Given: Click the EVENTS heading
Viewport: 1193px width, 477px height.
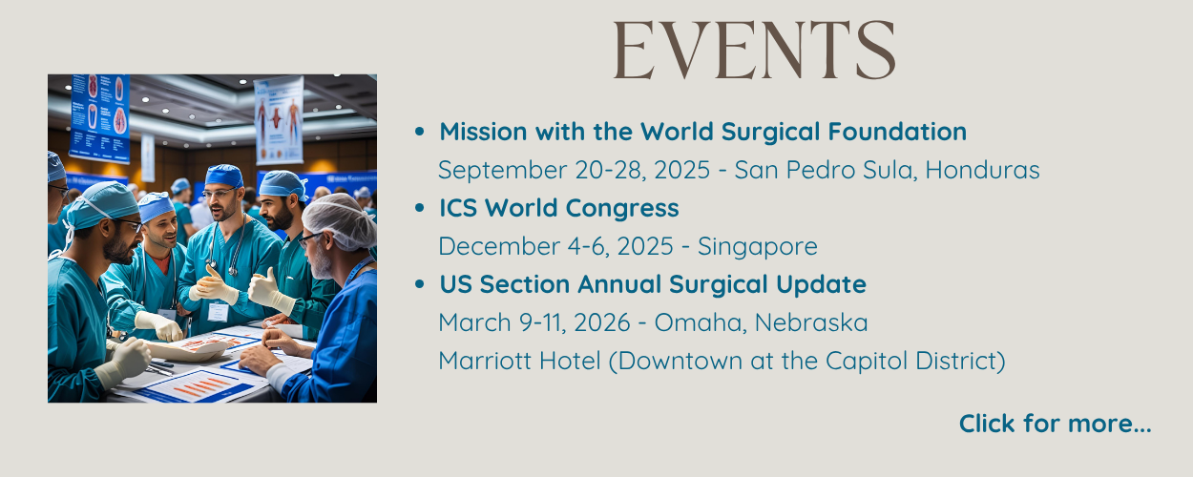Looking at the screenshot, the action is (754, 50).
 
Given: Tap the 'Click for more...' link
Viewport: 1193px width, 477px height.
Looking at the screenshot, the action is (1055, 424).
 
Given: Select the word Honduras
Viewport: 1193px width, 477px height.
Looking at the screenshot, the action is (983, 170).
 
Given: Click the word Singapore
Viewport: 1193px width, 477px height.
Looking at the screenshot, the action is (758, 247).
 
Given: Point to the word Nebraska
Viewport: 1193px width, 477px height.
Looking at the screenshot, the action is (811, 322).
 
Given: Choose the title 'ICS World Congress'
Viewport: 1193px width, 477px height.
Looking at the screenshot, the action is (559, 208).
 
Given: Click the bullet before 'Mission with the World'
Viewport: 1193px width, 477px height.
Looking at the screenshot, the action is (420, 131).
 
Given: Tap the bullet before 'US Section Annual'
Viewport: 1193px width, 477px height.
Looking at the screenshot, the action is (420, 283).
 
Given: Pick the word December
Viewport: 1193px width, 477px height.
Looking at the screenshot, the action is (496, 246).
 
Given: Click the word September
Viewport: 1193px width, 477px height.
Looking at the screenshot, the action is (502, 171).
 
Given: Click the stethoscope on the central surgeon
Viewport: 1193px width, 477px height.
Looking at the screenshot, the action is (228, 246).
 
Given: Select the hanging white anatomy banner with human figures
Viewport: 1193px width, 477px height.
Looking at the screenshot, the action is (279, 120).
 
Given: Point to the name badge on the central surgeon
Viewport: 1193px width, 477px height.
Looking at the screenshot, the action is (218, 311).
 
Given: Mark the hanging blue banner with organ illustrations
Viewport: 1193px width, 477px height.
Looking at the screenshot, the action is (100, 117).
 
